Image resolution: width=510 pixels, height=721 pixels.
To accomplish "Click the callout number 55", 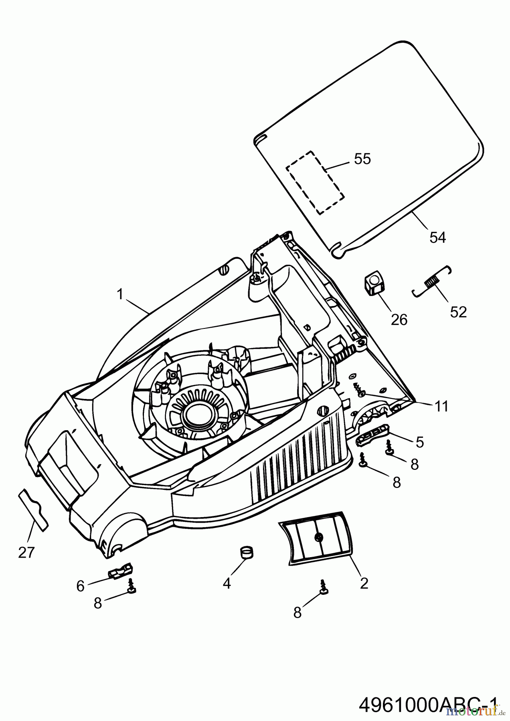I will tap(362, 159).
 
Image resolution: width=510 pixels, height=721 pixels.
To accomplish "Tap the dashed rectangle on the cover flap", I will tap(315, 183).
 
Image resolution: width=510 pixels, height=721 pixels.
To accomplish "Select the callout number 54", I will tap(437, 238).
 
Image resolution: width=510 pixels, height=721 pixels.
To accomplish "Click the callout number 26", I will tap(399, 320).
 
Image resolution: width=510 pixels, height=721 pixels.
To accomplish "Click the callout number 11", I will tap(441, 406).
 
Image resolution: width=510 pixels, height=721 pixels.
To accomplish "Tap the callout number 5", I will tap(419, 442).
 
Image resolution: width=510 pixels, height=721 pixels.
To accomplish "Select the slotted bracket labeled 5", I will tap(372, 433).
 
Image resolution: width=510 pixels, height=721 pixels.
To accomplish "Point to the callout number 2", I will tap(364, 583).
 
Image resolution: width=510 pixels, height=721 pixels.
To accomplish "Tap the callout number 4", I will tap(227, 584).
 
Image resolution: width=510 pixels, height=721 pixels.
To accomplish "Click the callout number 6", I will tap(80, 586).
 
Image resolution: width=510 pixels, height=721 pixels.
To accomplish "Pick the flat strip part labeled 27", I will tap(33, 508).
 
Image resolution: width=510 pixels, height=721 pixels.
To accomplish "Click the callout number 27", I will tap(26, 553).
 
